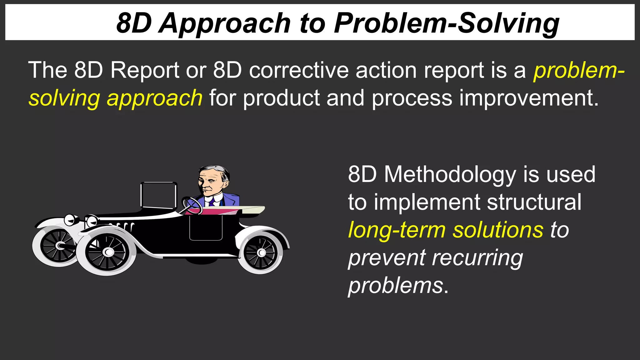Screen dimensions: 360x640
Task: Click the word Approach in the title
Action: (x=225, y=23)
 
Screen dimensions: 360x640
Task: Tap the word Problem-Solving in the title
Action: (x=447, y=23)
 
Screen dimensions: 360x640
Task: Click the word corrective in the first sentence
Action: (x=299, y=70)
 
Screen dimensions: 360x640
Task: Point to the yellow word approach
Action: (x=155, y=98)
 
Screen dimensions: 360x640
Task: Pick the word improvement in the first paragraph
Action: (x=529, y=98)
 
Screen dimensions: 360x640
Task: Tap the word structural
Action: (x=534, y=202)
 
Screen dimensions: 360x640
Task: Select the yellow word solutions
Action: (x=498, y=230)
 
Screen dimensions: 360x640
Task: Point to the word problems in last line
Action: (x=396, y=286)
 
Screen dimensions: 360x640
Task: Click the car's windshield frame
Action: (x=159, y=195)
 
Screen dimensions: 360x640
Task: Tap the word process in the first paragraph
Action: (x=412, y=98)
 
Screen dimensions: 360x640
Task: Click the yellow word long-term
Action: (x=397, y=230)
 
